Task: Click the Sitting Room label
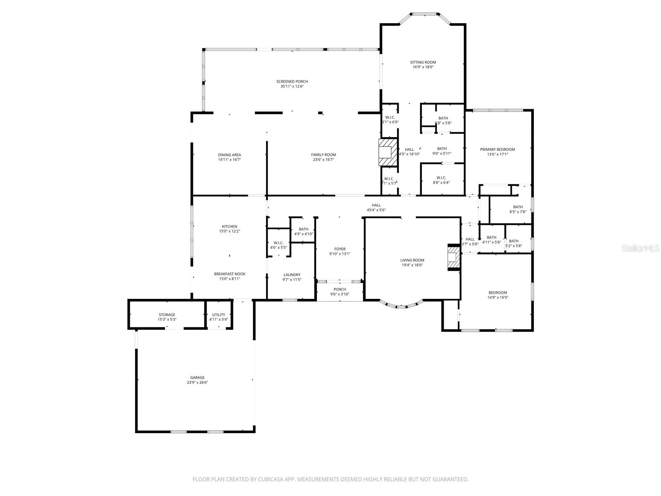click(423, 62)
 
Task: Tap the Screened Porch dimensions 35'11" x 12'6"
click(292, 87)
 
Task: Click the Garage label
click(197, 377)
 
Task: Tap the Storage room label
click(167, 315)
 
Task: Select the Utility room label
click(219, 315)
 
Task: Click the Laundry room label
click(292, 275)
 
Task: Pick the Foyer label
click(340, 249)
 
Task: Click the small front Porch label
click(340, 289)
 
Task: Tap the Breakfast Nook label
click(229, 274)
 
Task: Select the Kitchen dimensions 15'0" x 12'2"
click(229, 231)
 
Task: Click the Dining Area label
click(229, 155)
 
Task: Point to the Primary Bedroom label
click(497, 150)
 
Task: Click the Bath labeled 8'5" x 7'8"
click(518, 210)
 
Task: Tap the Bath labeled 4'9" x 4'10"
click(303, 231)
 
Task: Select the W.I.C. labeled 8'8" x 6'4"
click(441, 180)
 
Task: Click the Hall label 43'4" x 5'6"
click(376, 207)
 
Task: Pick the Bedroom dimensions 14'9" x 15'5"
click(497, 298)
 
